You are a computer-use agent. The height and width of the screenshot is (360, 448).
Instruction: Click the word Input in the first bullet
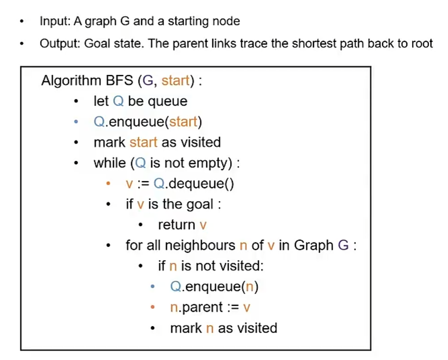54,21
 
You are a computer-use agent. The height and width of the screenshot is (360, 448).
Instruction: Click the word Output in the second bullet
59,43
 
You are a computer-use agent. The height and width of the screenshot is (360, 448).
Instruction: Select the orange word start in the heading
175,81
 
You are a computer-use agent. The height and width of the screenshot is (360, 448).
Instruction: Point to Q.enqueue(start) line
148,122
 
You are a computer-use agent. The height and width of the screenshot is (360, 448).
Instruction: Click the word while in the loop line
110,163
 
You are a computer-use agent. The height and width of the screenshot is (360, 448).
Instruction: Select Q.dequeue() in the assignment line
194,183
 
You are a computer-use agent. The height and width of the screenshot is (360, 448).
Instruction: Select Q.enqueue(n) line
214,287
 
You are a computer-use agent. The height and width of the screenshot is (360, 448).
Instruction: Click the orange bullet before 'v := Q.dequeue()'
109,183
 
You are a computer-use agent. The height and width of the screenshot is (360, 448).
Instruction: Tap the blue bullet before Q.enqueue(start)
76,122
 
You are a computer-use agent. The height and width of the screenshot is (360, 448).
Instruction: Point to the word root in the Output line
420,43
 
